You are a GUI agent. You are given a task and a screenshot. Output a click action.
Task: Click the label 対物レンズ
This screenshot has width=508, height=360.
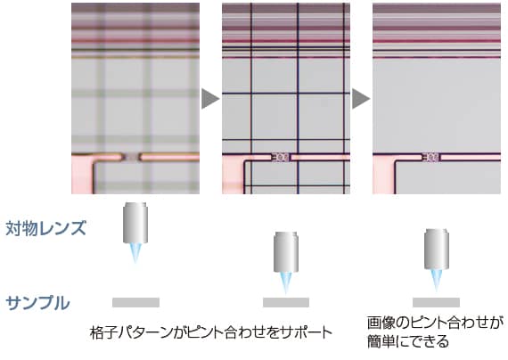point(45,228)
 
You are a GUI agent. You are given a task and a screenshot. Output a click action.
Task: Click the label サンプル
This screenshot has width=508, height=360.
point(38,303)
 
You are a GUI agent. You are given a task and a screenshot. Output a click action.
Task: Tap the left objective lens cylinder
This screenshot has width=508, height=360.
point(135,223)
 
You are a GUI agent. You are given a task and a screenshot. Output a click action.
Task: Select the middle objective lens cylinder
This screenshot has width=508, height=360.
point(286,252)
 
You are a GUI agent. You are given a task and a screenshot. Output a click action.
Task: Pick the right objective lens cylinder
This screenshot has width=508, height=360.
point(437,250)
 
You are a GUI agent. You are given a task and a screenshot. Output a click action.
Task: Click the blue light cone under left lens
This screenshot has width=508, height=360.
point(135,253)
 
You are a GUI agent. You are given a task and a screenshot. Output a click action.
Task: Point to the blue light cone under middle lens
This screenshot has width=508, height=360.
point(286,282)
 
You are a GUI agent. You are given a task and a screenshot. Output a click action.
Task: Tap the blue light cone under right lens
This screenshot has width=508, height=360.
point(437,280)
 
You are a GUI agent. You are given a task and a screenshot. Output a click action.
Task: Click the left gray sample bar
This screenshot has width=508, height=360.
point(135,302)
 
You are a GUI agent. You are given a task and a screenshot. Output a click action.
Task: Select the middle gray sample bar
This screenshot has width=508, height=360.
point(286,302)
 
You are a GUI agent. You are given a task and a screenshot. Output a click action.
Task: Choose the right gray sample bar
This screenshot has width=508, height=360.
point(436,302)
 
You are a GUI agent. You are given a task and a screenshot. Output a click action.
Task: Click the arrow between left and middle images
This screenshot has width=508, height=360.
point(210,99)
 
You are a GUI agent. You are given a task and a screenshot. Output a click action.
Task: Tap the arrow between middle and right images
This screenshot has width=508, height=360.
point(361,99)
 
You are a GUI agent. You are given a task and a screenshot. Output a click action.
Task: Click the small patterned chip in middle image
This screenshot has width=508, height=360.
point(281,158)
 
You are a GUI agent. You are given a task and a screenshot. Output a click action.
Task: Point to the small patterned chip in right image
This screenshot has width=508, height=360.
point(431,158)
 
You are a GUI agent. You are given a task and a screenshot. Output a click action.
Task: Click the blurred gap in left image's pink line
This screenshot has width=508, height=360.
point(131,158)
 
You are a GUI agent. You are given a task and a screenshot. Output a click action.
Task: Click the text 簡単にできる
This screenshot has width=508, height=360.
point(408,341)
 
